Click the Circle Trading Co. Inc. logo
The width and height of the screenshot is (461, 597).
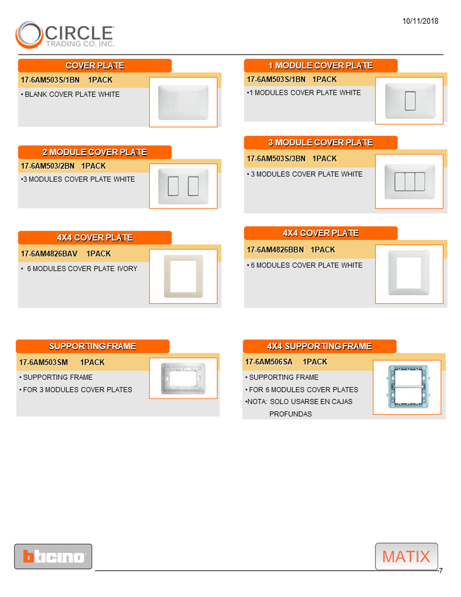point(65,34)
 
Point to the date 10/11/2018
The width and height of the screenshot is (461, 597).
point(420,21)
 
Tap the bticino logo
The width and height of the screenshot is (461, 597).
point(53,557)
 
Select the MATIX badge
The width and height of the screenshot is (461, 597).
point(406,557)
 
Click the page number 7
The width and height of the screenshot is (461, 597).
point(441,571)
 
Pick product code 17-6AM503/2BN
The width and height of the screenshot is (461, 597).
point(48,166)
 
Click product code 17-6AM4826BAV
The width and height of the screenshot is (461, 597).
point(49,254)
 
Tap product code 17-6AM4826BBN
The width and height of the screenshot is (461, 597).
point(275,250)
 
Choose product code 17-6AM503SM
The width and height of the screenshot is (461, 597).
point(44,362)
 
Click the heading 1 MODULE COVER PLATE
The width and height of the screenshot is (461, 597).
point(320,66)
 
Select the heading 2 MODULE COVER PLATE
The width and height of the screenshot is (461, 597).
point(94,153)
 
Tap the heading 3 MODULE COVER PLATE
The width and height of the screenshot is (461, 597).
point(320,143)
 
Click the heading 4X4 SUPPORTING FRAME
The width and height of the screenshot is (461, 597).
point(319,346)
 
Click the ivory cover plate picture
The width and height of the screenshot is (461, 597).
point(183,276)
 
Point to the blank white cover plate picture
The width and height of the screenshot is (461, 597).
point(183,102)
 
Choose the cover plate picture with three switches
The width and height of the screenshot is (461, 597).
point(409,181)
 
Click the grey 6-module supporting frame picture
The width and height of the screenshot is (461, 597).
point(407,387)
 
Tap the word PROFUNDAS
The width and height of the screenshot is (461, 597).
point(290,414)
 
